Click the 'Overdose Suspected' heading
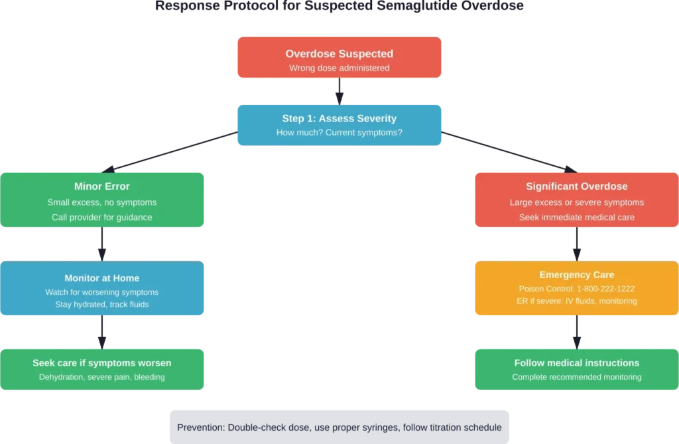click(x=339, y=54)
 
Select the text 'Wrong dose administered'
click(x=339, y=68)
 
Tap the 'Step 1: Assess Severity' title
click(x=339, y=119)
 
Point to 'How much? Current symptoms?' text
click(x=339, y=133)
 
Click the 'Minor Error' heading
click(x=102, y=186)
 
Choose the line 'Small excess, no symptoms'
click(x=102, y=202)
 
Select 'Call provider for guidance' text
click(x=102, y=217)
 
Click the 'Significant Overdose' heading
click(x=576, y=186)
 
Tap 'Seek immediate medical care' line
click(x=576, y=217)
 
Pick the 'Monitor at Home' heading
click(x=102, y=278)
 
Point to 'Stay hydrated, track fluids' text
click(x=102, y=305)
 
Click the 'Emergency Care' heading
click(x=576, y=275)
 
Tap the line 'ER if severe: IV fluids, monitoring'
click(x=576, y=301)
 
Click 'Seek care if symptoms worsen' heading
click(x=102, y=363)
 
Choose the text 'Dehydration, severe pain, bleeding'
click(x=102, y=377)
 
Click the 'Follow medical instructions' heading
click(x=576, y=363)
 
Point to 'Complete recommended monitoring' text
click(x=576, y=377)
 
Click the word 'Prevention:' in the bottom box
click(x=200, y=427)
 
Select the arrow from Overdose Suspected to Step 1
click(x=339, y=91)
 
